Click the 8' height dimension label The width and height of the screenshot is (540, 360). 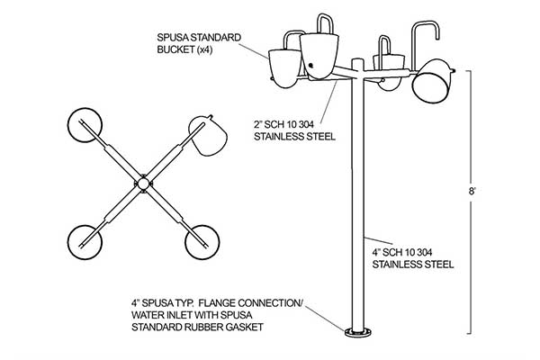pyautogui.click(x=472, y=191)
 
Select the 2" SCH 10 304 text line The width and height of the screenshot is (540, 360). pyautogui.click(x=283, y=124)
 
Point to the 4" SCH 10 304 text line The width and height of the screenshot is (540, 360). pyautogui.click(x=402, y=253)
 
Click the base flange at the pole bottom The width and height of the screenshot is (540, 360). pyautogui.click(x=358, y=332)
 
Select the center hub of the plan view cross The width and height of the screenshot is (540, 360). pyautogui.click(x=143, y=184)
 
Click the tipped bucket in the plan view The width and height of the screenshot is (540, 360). pyautogui.click(x=210, y=136)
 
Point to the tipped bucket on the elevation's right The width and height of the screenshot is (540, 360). pyautogui.click(x=432, y=81)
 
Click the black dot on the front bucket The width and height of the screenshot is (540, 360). pyautogui.click(x=311, y=65)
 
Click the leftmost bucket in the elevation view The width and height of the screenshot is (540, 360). pyautogui.click(x=284, y=68)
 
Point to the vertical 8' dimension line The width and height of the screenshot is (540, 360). pyautogui.click(x=470, y=202)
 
